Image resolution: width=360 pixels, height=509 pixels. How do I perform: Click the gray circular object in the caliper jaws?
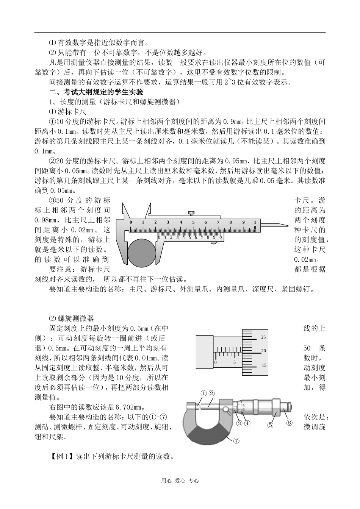point(142,252)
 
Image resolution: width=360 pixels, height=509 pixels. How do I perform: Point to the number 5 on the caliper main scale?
point(193,223)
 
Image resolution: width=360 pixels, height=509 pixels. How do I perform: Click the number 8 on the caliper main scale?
point(230,223)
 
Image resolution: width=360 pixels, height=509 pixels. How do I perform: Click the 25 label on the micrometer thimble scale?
point(264,337)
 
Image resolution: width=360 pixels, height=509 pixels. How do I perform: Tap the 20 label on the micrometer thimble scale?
point(264,351)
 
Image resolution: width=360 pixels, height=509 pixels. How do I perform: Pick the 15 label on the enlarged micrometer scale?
point(264,365)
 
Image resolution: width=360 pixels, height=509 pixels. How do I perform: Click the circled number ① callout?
point(203,393)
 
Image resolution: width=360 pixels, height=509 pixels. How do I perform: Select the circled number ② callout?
point(211,393)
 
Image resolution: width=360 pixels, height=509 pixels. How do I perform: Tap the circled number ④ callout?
point(247,423)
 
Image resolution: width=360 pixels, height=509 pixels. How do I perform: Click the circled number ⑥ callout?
point(289,423)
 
